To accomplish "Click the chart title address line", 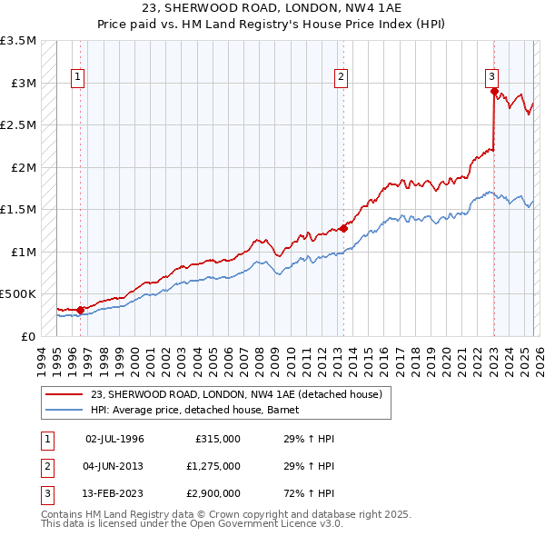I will pos(272,8).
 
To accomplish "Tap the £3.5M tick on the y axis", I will pos(18,41).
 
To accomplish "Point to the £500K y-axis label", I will pos(18,294).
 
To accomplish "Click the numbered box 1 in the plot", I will pos(78,78).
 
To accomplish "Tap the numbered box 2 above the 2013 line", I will pos(342,78).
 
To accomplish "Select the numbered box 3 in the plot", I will pos(490,78).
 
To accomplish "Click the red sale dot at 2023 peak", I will pos(493,91).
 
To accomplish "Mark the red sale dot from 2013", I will pos(343,228).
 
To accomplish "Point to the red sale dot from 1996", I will pos(81,310).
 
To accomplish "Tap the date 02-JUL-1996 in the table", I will pos(114,439).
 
